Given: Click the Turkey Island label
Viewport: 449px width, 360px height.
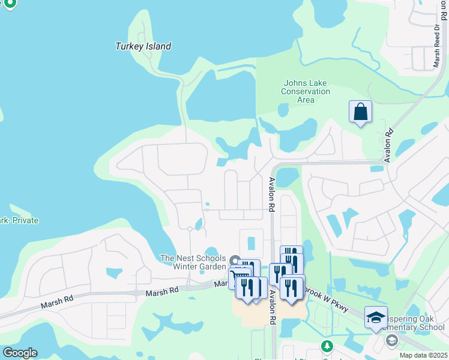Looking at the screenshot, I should [143, 46].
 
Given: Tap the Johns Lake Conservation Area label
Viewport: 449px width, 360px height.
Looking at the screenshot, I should [306, 91].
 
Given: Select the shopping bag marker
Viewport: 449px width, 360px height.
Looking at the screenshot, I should [360, 112].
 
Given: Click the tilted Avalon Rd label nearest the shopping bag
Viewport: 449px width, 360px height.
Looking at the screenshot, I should [388, 145].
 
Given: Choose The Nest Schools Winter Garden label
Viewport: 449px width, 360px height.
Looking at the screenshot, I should [193, 262].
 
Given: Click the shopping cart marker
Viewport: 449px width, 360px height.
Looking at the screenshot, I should [240, 277].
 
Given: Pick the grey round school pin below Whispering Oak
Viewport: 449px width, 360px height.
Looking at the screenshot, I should [392, 341].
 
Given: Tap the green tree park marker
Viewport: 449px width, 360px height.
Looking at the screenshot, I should [327, 346].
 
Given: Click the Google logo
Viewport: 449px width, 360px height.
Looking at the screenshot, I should [20, 352].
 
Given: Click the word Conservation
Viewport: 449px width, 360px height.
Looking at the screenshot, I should [306, 91].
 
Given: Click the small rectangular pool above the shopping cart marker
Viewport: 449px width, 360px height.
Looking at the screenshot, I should [252, 243].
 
